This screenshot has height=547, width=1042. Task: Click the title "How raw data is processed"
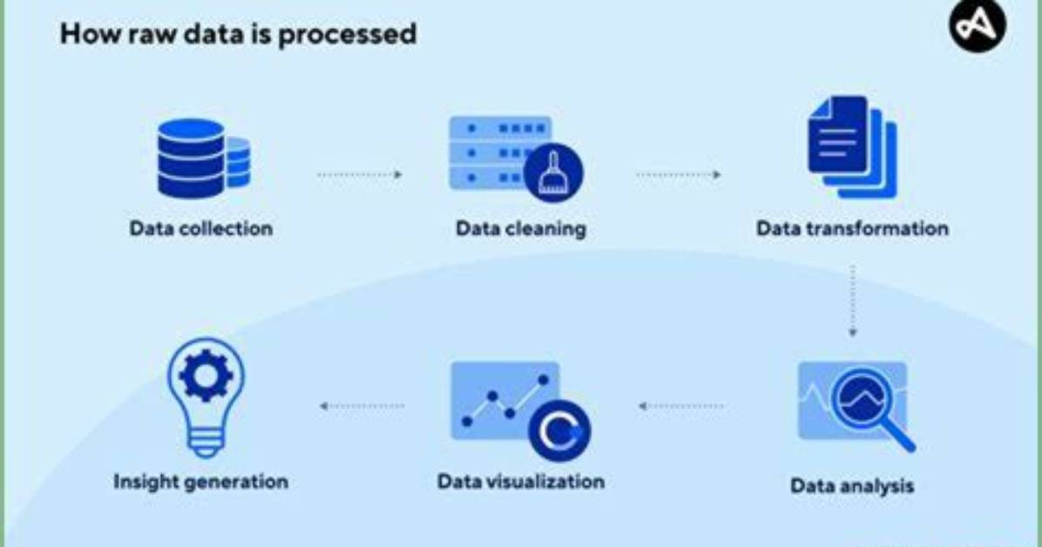pyautogui.click(x=238, y=34)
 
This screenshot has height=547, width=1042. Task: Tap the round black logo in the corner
pyautogui.click(x=977, y=25)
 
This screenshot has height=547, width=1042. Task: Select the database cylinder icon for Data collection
pyautogui.click(x=203, y=159)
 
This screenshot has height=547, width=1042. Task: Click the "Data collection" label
pyautogui.click(x=201, y=228)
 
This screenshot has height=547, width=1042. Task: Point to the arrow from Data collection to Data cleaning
pyautogui.click(x=360, y=175)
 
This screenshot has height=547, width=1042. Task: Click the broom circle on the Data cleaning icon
pyautogui.click(x=553, y=172)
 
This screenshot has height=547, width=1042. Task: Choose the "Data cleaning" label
pyautogui.click(x=521, y=228)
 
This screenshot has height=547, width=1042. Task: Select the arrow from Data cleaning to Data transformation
pyautogui.click(x=679, y=175)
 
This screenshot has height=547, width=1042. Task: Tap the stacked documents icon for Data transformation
pyautogui.click(x=852, y=147)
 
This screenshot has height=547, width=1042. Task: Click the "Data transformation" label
pyautogui.click(x=853, y=228)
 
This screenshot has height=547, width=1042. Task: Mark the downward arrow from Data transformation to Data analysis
pyautogui.click(x=853, y=301)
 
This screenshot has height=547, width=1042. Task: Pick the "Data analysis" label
pyautogui.click(x=852, y=486)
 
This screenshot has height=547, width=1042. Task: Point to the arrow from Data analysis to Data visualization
pyautogui.click(x=680, y=405)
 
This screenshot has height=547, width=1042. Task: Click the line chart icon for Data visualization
pyautogui.click(x=505, y=401)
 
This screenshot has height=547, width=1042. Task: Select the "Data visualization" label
pyautogui.click(x=521, y=481)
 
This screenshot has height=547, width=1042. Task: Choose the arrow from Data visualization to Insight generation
pyautogui.click(x=362, y=405)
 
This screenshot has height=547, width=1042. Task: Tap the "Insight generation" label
pyautogui.click(x=200, y=481)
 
